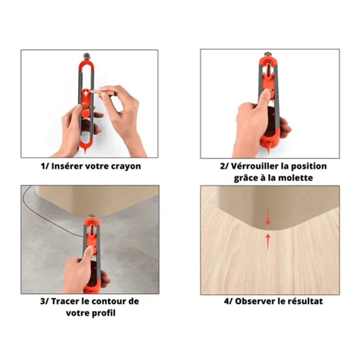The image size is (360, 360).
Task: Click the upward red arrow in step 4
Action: (268, 242)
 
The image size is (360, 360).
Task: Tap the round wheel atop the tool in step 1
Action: (87, 55)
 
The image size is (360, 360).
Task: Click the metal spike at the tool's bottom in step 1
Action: (85, 150)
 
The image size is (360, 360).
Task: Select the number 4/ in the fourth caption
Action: (228, 301)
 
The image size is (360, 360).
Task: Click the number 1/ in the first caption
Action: (45, 166)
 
